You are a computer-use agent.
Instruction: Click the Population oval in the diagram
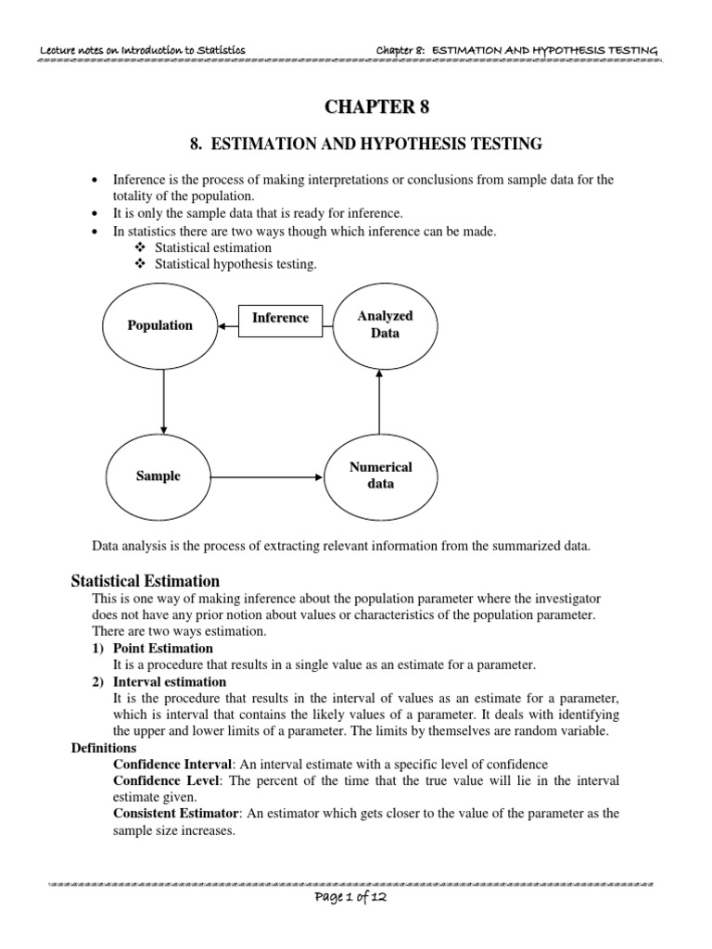click(160, 325)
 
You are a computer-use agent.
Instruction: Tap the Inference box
click(280, 318)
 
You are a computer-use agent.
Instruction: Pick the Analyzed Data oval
click(385, 324)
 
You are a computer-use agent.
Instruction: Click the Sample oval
click(159, 476)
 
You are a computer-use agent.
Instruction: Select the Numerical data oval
click(380, 475)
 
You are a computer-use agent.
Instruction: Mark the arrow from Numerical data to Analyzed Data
click(379, 399)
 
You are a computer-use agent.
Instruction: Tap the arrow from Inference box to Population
click(229, 325)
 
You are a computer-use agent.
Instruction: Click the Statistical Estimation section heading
click(146, 581)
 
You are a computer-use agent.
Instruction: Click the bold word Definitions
click(104, 747)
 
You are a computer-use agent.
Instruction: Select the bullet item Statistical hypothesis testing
click(235, 264)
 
